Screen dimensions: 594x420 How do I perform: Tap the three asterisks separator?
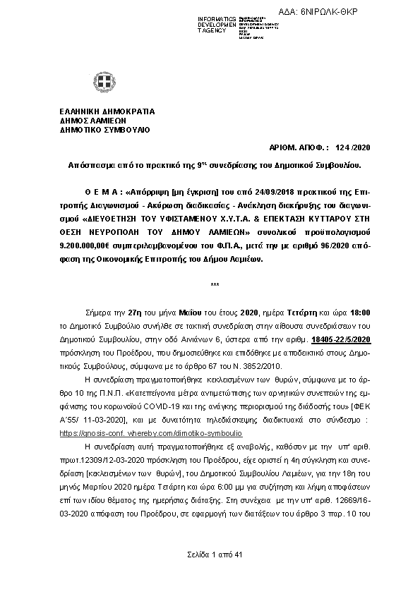215,285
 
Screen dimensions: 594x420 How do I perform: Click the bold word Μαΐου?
185,311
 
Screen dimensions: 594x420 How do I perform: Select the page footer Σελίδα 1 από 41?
215,554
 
